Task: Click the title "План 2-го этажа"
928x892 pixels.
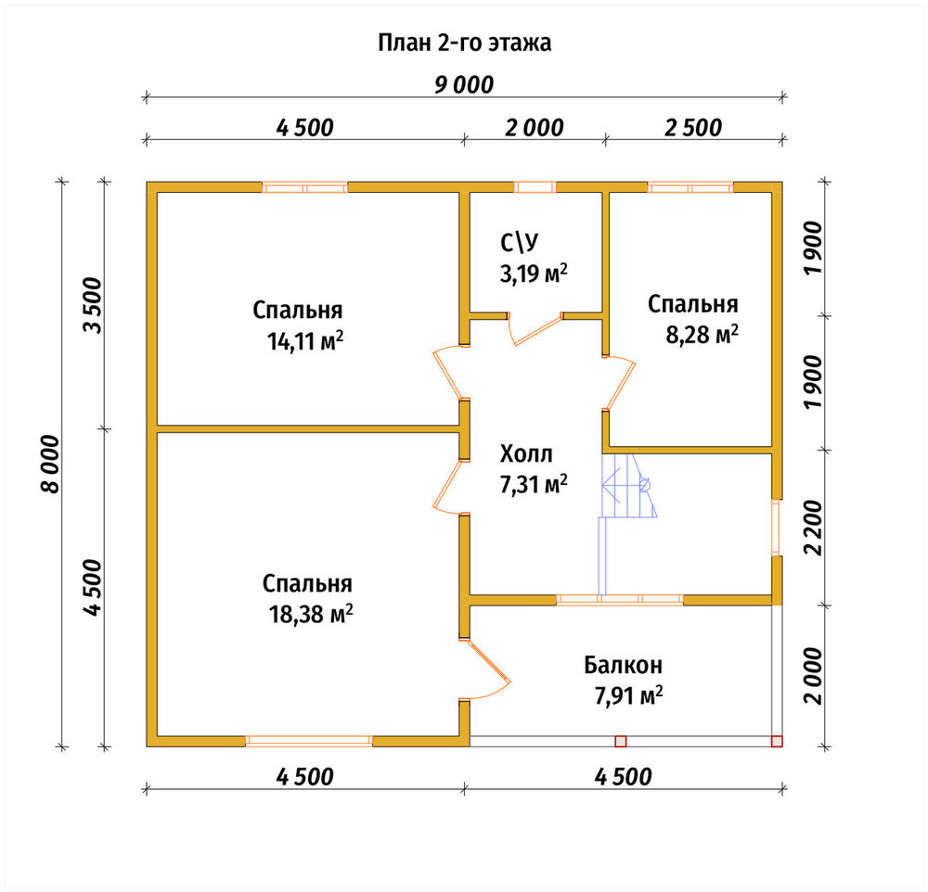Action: click(x=465, y=43)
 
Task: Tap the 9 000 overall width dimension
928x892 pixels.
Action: click(x=464, y=85)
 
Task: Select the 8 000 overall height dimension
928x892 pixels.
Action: click(x=51, y=464)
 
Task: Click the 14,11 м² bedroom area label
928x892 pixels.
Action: click(x=305, y=341)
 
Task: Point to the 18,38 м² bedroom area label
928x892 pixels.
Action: click(x=311, y=615)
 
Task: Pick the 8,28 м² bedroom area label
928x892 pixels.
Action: click(x=702, y=334)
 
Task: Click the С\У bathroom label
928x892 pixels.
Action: click(x=520, y=242)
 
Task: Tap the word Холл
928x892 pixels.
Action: click(x=526, y=454)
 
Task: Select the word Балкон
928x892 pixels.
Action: click(x=624, y=666)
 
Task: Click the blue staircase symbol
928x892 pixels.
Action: click(x=627, y=524)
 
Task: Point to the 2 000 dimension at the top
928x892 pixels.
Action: click(x=534, y=128)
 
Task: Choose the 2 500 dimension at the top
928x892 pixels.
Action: click(x=693, y=128)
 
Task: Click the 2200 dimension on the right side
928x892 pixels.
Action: click(x=813, y=528)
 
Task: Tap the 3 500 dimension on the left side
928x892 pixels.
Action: click(x=93, y=305)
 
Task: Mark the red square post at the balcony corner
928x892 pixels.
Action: click(x=777, y=741)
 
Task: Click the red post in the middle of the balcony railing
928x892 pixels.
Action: click(x=620, y=741)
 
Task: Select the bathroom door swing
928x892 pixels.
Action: click(x=535, y=329)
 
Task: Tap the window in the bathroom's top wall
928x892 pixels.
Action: click(x=535, y=187)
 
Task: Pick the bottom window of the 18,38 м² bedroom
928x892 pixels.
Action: click(x=309, y=741)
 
